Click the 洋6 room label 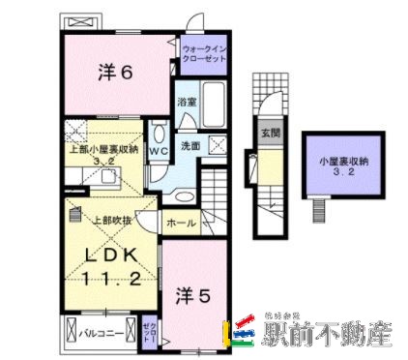[113, 73]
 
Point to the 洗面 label [189, 145]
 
